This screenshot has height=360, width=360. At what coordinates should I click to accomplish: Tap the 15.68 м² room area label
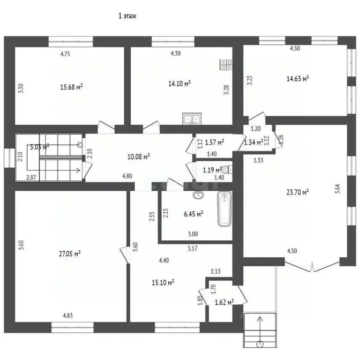[x=72, y=87]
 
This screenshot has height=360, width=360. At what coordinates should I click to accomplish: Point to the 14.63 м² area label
[x=298, y=78]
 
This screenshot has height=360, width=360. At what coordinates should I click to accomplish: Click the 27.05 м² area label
[x=69, y=253]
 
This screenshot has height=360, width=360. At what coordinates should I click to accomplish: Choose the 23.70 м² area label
[x=298, y=191]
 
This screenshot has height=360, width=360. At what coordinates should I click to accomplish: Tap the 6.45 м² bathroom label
[x=193, y=214]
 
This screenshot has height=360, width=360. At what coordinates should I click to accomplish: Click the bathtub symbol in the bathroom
[x=224, y=210]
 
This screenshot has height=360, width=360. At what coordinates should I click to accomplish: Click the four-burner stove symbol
[x=226, y=65]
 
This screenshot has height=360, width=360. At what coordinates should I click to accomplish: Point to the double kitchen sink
[x=191, y=120]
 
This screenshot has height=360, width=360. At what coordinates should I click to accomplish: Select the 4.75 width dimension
[x=65, y=54]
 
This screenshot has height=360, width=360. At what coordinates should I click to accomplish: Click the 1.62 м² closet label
[x=224, y=302]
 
